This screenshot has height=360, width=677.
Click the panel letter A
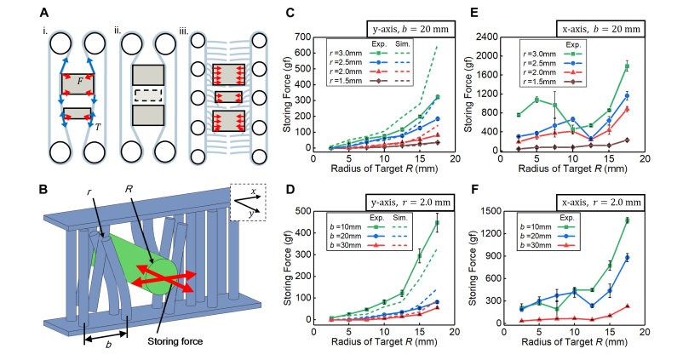click(x=43, y=11)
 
